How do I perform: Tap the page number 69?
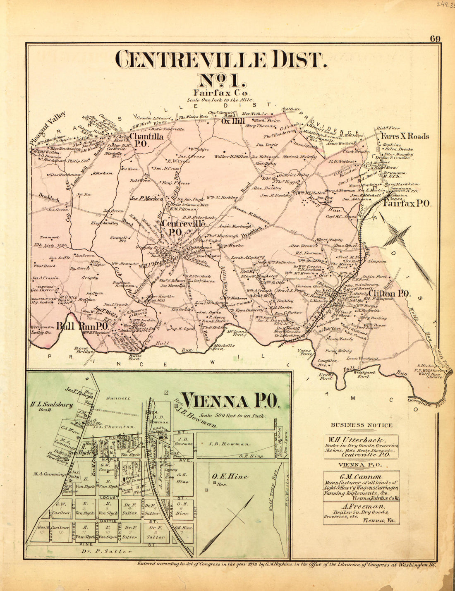point(435,39)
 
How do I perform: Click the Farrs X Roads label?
point(405,136)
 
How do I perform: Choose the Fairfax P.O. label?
point(407,203)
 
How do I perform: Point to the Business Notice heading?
point(361,425)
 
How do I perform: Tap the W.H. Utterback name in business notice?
point(361,439)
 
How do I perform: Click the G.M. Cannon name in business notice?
point(360,476)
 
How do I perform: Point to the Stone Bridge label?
point(81,351)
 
